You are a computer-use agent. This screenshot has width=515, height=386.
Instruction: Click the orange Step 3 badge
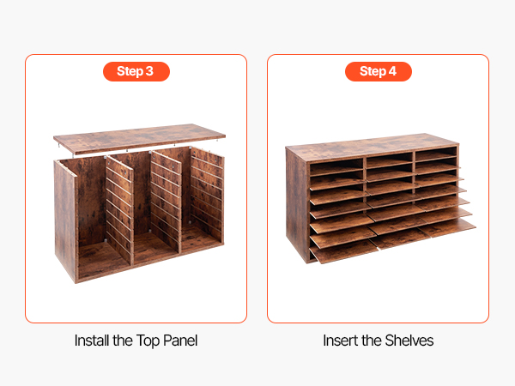(136, 71)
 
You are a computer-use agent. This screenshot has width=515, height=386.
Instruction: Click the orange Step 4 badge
(379, 71)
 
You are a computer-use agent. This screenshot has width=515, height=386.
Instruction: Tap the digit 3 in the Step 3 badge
(149, 71)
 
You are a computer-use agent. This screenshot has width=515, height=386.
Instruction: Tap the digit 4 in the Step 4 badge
(392, 71)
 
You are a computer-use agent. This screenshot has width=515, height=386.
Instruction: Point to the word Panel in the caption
(180, 341)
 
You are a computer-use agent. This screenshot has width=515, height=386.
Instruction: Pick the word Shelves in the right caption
(409, 341)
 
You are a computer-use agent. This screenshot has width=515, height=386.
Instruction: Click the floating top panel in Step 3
(139, 138)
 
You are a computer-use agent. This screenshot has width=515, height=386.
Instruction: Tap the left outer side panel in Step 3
(65, 220)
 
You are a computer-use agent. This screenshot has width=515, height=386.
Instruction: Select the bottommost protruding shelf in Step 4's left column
(343, 251)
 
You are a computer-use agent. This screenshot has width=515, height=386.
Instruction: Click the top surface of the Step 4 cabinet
(371, 147)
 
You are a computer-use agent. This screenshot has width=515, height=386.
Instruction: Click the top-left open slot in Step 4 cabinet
(336, 167)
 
